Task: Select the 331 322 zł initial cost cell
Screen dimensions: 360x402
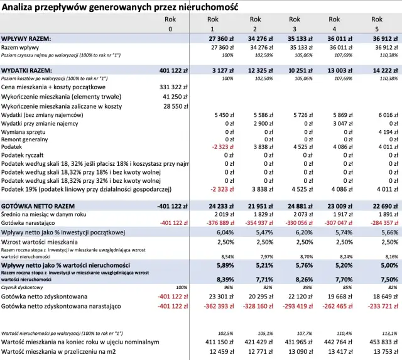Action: [x=174, y=87]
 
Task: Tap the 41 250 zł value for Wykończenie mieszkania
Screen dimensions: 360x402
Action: [x=176, y=97]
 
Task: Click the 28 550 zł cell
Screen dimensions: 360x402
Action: [x=176, y=107]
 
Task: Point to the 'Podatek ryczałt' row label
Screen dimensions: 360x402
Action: [x=25, y=155]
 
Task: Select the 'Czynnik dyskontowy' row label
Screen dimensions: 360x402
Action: [x=21, y=287]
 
